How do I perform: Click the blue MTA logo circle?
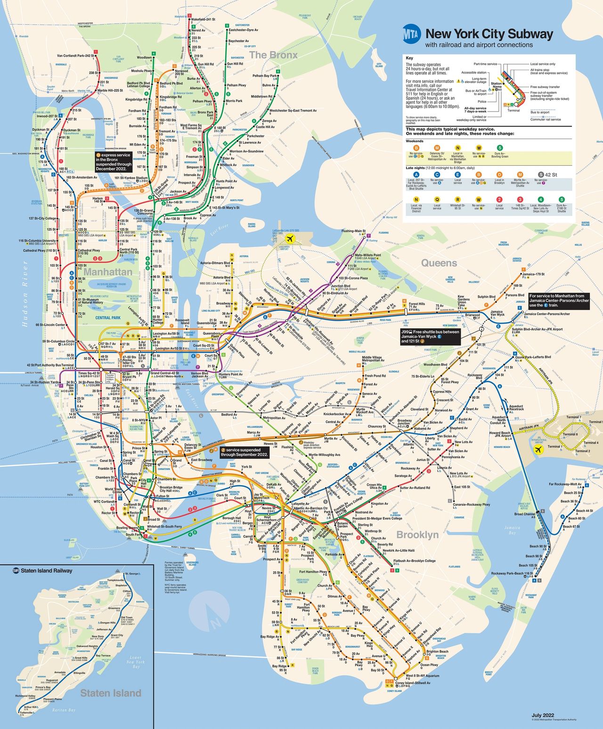tap(412, 35)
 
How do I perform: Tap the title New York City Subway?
tap(489, 34)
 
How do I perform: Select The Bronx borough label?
tap(273, 55)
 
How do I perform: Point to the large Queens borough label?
tap(439, 263)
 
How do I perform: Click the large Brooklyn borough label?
tap(417, 535)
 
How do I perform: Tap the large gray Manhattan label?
tap(108, 272)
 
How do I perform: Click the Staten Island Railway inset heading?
tap(47, 571)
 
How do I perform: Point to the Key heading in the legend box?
tap(409, 58)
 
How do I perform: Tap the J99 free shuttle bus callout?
tap(430, 336)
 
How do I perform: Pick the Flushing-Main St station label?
tap(353, 231)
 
